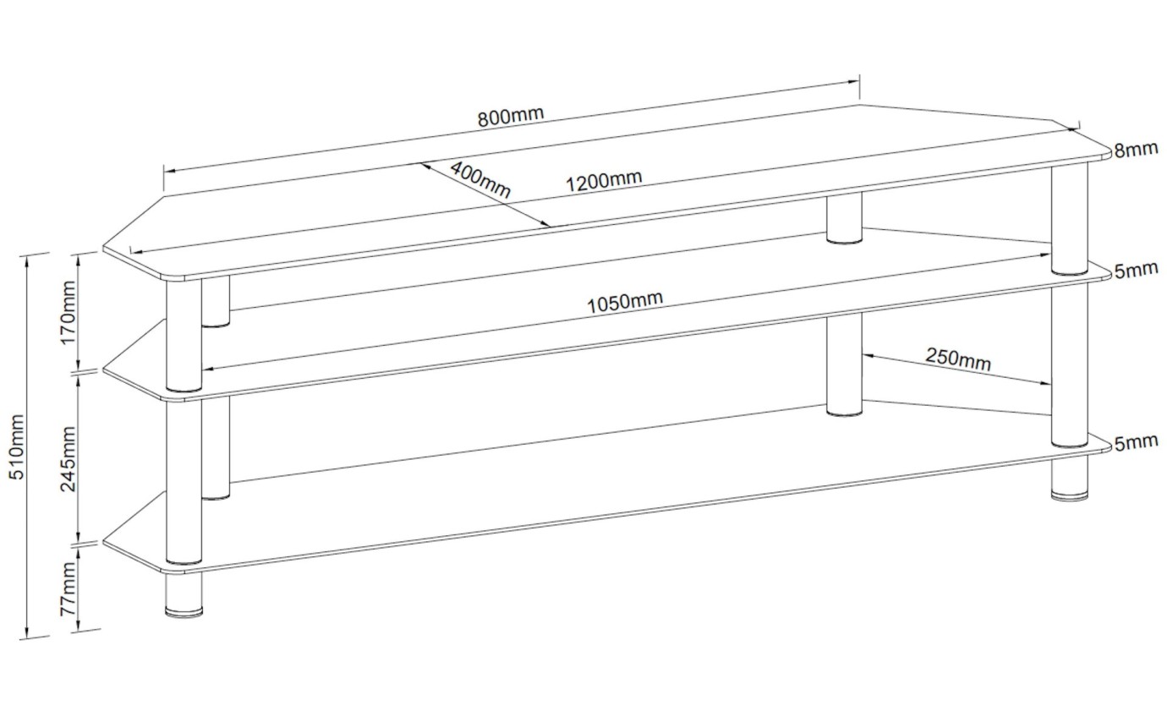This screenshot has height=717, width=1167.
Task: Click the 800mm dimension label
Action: (511, 115)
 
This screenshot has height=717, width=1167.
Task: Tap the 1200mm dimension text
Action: (605, 180)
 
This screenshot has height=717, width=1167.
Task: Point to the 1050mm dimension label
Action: (626, 301)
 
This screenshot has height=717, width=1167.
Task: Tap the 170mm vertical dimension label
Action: (68, 309)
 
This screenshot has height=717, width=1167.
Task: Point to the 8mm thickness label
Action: (1135, 150)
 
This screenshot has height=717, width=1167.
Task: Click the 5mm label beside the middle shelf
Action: (1135, 271)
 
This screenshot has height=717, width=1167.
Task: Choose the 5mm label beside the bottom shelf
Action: (1135, 442)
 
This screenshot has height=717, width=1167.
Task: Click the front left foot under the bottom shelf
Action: (184, 594)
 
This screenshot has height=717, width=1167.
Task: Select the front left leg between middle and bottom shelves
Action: (184, 478)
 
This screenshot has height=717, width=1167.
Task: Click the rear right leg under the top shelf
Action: (844, 218)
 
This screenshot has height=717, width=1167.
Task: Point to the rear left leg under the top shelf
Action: (216, 301)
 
